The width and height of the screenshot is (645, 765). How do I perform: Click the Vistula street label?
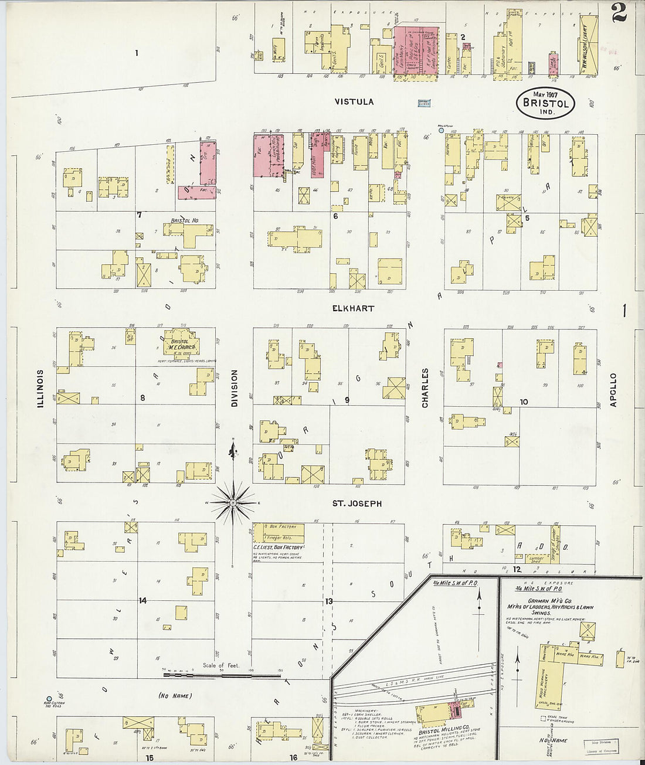354,101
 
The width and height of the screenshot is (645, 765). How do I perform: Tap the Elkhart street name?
353,308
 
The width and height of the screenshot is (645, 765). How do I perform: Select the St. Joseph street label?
357,504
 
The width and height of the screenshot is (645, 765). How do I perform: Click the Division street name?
234,388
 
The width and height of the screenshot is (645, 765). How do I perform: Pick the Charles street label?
425,388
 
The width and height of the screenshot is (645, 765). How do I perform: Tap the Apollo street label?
613,390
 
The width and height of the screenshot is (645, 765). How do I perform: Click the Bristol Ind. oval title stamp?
545,102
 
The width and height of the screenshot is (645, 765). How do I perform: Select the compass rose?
233,502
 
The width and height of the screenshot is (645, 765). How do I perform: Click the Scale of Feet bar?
221,674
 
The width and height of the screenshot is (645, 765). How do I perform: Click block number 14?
142,601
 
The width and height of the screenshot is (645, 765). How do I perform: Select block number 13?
329,601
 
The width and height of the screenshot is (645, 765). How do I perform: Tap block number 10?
524,402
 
